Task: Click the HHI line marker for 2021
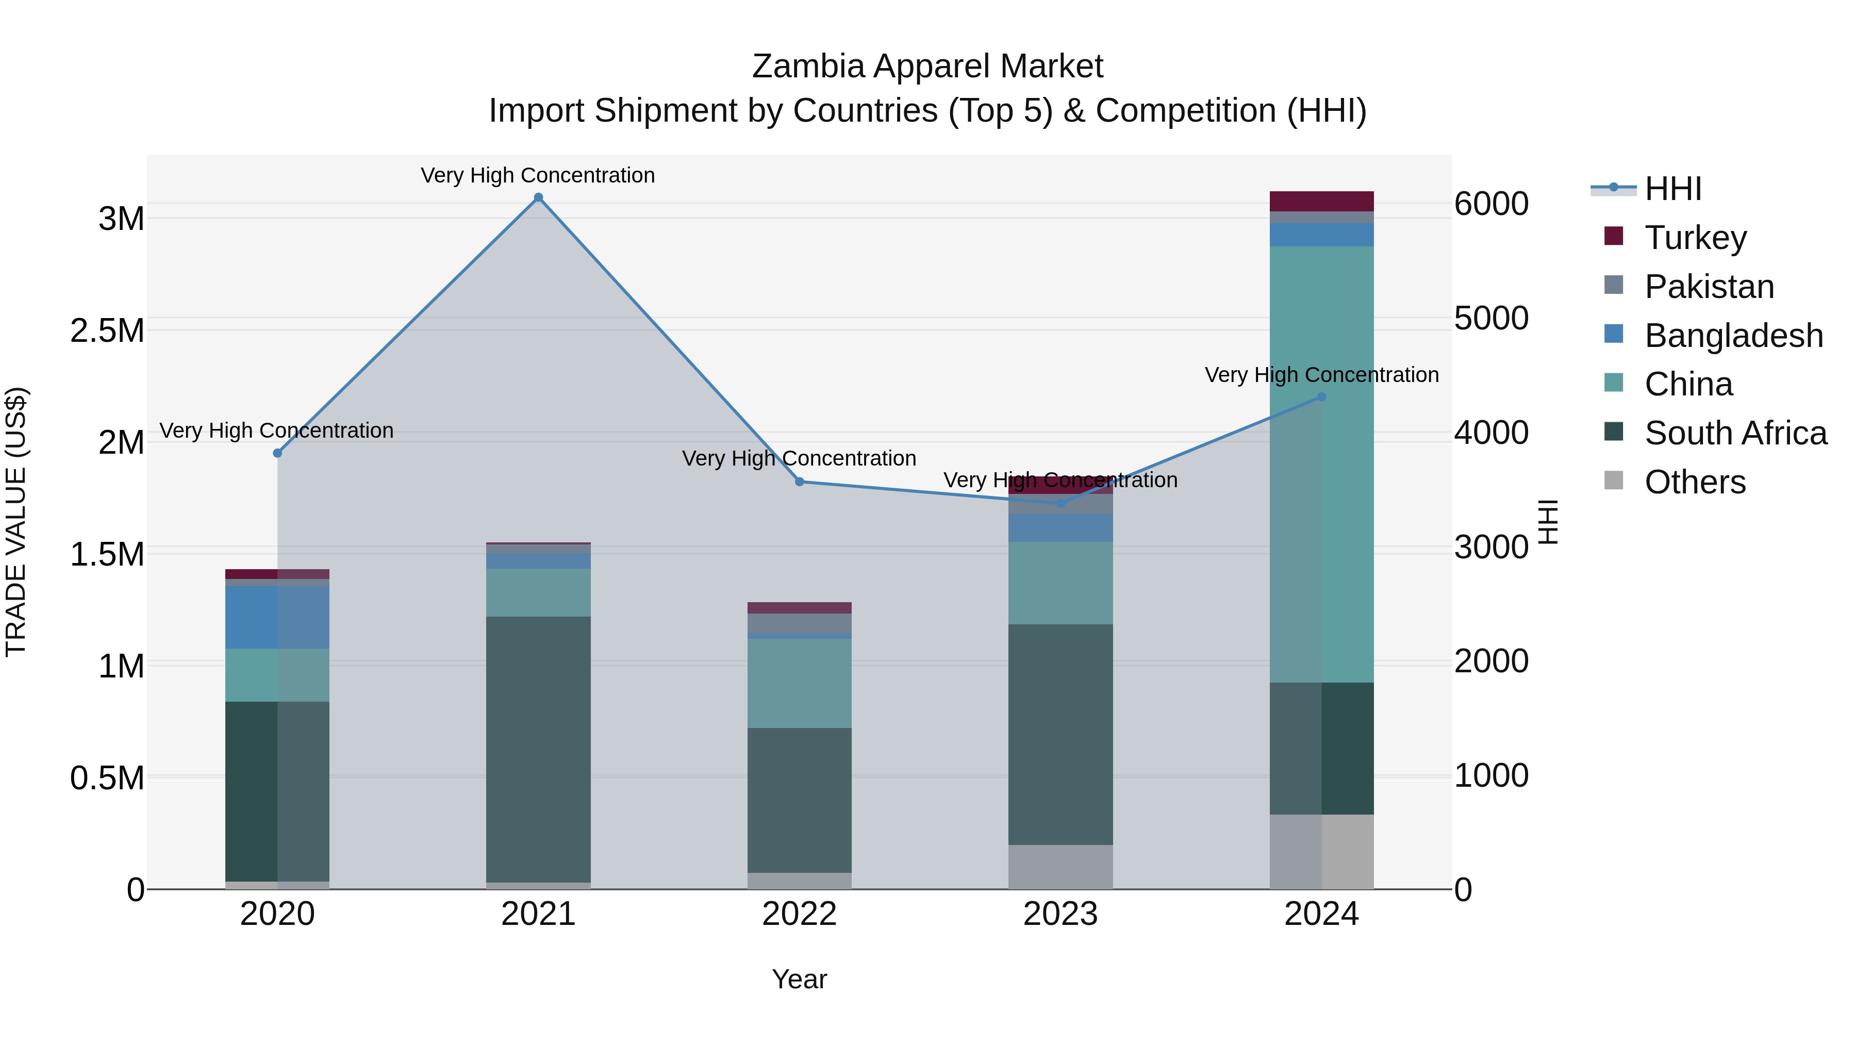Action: coord(538,197)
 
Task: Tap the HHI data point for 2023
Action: coord(1060,503)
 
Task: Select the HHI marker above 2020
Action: coord(277,453)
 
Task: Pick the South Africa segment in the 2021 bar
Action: coord(538,749)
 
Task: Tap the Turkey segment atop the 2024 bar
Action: coord(1321,201)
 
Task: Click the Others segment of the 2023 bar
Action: coord(1060,867)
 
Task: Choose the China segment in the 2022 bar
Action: coord(799,683)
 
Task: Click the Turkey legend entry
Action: coord(1695,238)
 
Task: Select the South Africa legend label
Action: coord(1735,433)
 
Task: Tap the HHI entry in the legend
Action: coord(1672,189)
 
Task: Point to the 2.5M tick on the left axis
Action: coord(107,330)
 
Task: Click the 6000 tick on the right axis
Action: coord(1490,204)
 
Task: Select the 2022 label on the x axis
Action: coord(799,914)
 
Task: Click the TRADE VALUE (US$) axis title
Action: coord(16,522)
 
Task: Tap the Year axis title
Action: coord(799,979)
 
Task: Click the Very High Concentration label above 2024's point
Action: coord(1321,375)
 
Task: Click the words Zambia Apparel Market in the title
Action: coord(927,67)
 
